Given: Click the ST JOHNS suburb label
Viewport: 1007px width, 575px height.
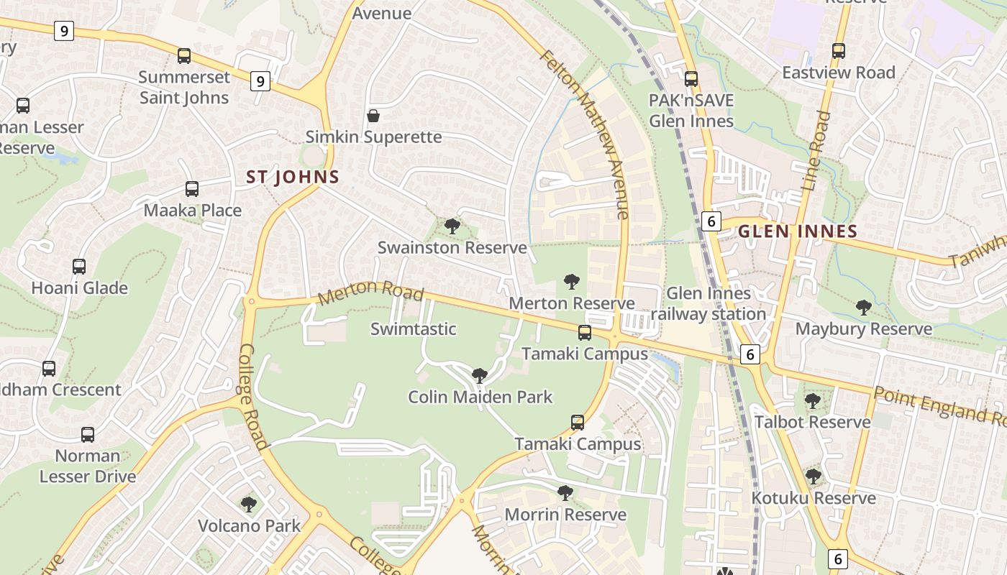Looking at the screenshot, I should click(x=293, y=177).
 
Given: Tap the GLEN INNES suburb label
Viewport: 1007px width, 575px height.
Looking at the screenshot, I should click(x=798, y=231).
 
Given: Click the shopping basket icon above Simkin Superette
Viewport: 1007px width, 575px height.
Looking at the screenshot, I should click(x=373, y=116).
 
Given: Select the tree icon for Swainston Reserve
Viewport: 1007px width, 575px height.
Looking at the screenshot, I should click(x=452, y=227).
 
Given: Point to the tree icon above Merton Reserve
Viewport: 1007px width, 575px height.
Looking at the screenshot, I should click(x=572, y=282).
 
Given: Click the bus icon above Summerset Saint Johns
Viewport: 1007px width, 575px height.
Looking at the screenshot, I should click(x=184, y=56).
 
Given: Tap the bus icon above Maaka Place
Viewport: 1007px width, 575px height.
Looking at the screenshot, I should click(x=192, y=189).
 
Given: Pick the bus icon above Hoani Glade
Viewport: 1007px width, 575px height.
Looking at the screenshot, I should click(x=79, y=267).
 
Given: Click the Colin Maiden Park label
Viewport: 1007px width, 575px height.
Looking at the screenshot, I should click(x=480, y=397).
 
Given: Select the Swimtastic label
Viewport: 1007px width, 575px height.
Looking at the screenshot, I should click(x=413, y=329).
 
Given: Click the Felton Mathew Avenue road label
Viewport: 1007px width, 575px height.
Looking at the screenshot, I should click(x=584, y=134).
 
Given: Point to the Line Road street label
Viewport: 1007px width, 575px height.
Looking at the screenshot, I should click(x=815, y=151).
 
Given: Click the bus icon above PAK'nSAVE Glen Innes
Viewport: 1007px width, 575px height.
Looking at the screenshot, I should click(x=691, y=79).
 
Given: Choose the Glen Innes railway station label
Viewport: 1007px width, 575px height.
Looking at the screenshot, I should click(x=708, y=303).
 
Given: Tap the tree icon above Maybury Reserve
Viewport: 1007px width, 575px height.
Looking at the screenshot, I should click(x=864, y=308).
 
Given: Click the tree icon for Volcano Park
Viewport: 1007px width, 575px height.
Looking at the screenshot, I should click(x=249, y=505).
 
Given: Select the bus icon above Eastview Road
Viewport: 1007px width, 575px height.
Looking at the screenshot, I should click(x=839, y=51).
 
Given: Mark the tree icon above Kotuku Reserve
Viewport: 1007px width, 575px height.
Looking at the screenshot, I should click(x=814, y=477).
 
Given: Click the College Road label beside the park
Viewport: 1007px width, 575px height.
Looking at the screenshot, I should click(x=253, y=396).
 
